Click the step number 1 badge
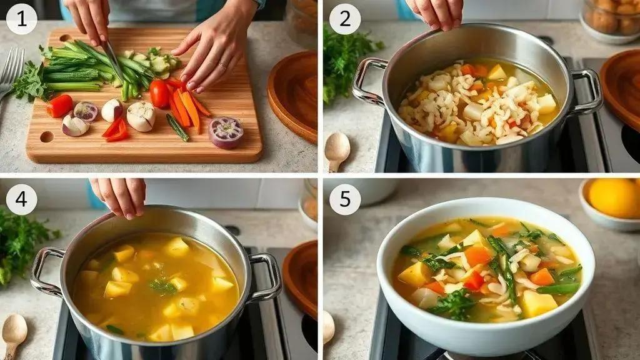(22, 19)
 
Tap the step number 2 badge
(345, 19)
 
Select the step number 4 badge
(22, 199)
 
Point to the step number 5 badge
(345, 199)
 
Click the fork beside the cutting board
(10, 74)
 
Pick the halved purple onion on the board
(226, 132)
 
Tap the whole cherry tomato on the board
(159, 94)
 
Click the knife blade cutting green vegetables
(112, 61)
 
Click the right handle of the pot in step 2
(587, 92)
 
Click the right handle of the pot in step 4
(265, 277)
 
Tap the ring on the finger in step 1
(221, 64)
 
